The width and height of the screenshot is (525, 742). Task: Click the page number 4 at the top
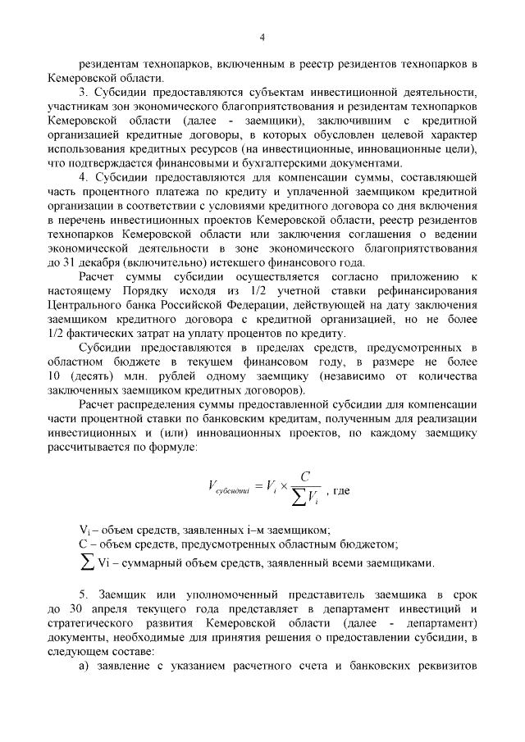pyautogui.click(x=262, y=37)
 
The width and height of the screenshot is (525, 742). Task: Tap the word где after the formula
pyautogui.click(x=341, y=490)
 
